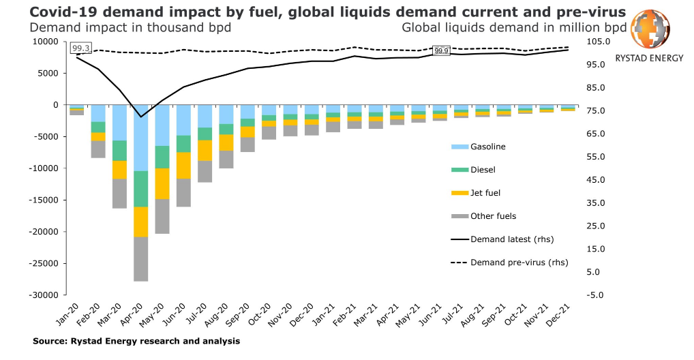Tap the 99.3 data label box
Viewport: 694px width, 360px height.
click(81, 48)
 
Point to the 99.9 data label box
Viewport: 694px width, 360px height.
click(441, 51)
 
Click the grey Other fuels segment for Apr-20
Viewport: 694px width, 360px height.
click(141, 258)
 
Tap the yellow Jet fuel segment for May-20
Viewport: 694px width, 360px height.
click(162, 183)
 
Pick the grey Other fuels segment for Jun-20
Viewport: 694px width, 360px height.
click(183, 192)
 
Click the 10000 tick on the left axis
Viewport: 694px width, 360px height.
click(48, 42)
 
